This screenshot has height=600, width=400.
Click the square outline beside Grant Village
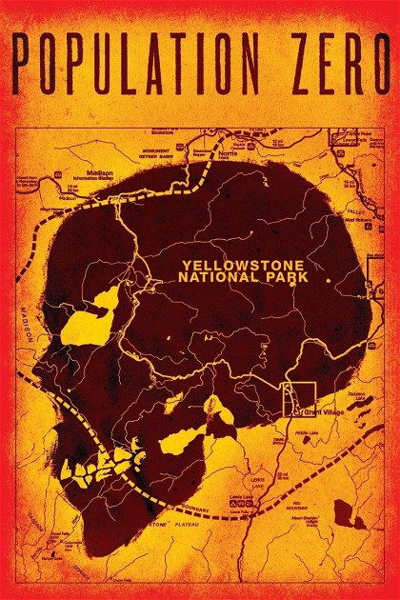(301, 399)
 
